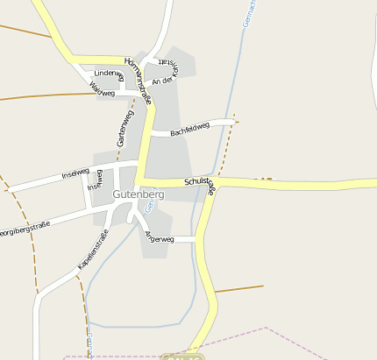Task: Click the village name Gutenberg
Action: pos(139,193)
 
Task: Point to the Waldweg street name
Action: pos(103,89)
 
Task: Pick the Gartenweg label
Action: pos(124,129)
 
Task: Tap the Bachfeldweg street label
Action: pos(190,130)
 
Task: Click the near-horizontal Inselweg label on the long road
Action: pos(75,173)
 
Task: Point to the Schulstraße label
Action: pos(200,186)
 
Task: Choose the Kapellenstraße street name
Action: pos(93,249)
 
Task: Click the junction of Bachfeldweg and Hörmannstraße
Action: pos(147,133)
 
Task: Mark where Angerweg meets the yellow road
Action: pos(198,238)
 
